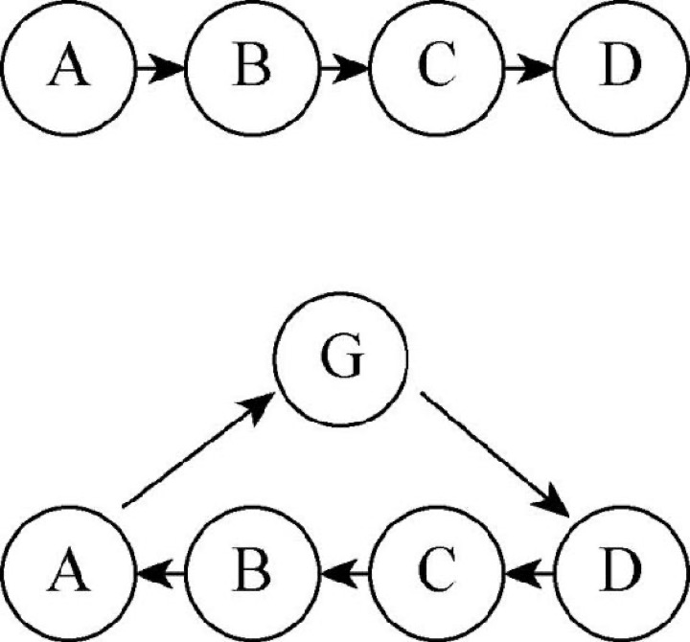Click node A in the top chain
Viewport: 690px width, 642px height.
(x=67, y=68)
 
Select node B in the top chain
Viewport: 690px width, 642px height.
(x=252, y=68)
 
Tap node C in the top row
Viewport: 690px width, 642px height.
(x=436, y=68)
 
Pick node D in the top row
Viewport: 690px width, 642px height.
(x=621, y=68)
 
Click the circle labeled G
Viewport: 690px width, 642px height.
(x=340, y=358)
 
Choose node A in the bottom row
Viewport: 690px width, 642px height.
(x=67, y=573)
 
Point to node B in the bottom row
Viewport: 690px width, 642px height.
(x=252, y=573)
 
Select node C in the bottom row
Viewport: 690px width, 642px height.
(x=436, y=573)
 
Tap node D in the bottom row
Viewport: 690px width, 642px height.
(x=621, y=573)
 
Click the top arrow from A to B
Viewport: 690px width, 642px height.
(x=160, y=68)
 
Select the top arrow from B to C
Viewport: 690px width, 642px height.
(x=344, y=68)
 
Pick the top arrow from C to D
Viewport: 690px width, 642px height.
(x=528, y=68)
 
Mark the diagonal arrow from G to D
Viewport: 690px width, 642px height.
(x=495, y=453)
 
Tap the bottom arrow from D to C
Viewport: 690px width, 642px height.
(x=528, y=573)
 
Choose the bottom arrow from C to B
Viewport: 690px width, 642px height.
(x=344, y=573)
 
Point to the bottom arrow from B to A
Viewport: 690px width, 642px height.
(x=160, y=573)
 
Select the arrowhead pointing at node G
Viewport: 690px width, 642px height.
(x=259, y=407)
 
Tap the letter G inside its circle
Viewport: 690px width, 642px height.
(x=342, y=355)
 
